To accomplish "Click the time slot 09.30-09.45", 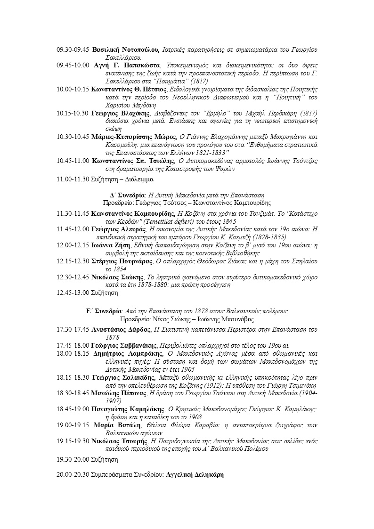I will [73, 49].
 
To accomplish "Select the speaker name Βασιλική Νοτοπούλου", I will [124, 49].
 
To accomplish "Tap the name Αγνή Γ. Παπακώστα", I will [127, 65].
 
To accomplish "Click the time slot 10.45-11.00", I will [73, 161].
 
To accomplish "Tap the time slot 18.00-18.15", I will [73, 353].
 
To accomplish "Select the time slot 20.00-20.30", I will [73, 475].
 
